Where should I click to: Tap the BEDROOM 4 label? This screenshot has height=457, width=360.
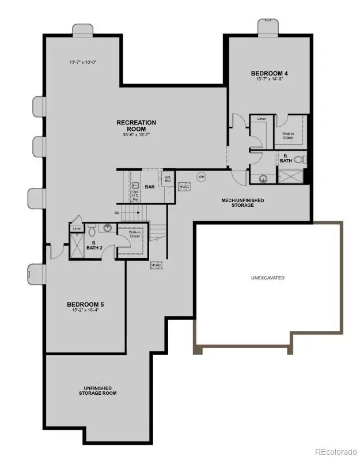[x=270, y=73]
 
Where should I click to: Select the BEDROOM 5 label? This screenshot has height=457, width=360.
[x=85, y=304]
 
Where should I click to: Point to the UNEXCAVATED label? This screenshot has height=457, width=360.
[x=267, y=278]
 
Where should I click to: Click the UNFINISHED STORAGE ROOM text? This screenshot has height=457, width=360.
[x=98, y=391]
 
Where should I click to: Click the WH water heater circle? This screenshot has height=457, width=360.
[x=202, y=177]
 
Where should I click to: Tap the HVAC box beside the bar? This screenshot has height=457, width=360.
[x=184, y=187]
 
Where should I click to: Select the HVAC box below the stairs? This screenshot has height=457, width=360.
[x=156, y=265]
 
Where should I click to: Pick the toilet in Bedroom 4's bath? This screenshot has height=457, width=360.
[x=298, y=160]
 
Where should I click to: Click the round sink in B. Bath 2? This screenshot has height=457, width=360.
[x=107, y=228]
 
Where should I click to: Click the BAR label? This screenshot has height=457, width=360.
[x=150, y=187]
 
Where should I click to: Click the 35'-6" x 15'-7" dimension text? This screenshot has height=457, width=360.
[x=136, y=135]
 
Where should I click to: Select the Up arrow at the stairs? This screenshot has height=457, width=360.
[x=118, y=214]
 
